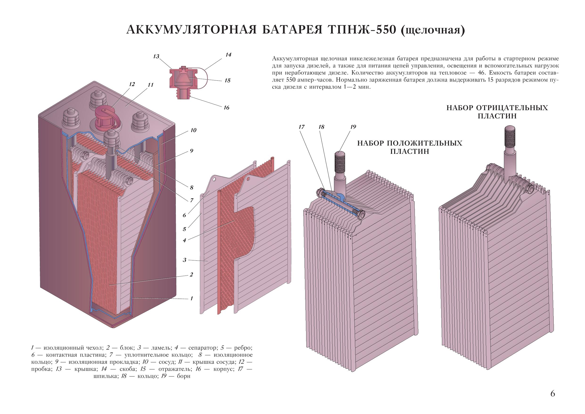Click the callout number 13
pos(156,57)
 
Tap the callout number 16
pos(227,108)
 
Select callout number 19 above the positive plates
pos(353,127)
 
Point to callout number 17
pos(302,127)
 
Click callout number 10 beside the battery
pos(193,130)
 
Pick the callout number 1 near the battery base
pos(192,298)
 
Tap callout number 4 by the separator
pos(185,240)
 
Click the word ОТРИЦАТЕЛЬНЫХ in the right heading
pos(512,108)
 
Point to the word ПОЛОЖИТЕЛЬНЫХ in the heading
pos(424,143)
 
